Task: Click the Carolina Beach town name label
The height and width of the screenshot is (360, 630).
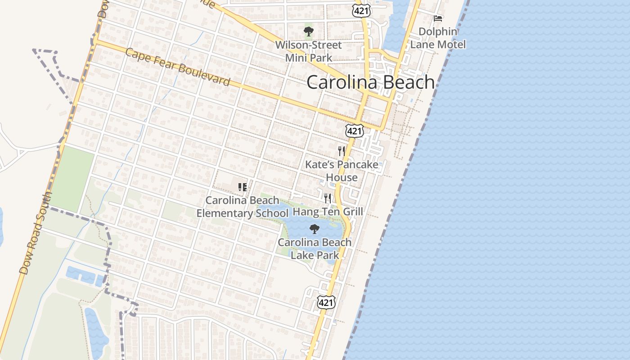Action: point(371,82)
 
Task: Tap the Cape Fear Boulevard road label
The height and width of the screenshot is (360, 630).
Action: point(178,67)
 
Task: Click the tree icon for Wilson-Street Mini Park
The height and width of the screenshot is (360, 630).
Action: point(308,31)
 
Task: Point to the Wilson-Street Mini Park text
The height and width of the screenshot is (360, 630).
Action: point(308,51)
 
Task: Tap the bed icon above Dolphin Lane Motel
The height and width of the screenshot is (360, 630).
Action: point(438,18)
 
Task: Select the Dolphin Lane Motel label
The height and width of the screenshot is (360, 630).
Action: point(438,38)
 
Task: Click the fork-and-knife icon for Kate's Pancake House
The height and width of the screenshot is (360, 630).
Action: point(342,151)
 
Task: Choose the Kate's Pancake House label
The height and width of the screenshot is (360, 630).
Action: point(342,171)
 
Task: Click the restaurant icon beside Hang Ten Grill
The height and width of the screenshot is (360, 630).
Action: point(328,198)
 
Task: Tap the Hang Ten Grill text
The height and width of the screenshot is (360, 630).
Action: point(328,211)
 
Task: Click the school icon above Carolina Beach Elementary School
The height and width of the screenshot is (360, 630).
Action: point(243,187)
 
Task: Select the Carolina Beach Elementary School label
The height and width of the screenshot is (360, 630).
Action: point(242,207)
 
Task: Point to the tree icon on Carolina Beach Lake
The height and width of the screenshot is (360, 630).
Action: point(315,229)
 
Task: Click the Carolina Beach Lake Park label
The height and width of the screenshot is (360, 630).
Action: point(315,248)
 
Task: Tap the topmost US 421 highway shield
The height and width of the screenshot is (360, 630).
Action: point(361,11)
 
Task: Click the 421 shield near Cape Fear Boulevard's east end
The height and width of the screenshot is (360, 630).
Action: point(354,131)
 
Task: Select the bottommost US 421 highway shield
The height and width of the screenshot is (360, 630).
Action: point(326,302)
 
